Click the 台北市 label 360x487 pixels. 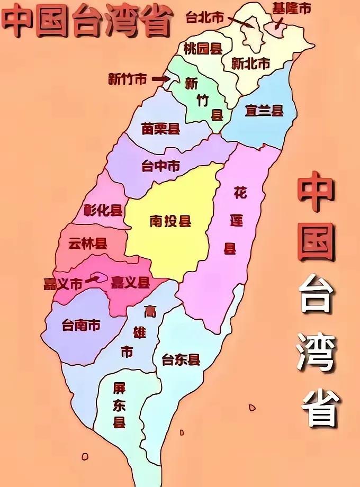205,17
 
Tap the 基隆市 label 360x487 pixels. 291,8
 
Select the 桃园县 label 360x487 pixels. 203,49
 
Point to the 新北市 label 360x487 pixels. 251,64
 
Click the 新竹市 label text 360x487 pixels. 127,79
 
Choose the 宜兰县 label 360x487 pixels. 264,111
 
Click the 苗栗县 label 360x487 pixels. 161,129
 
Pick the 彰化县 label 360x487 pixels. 103,211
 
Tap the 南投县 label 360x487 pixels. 170,221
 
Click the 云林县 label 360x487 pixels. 88,243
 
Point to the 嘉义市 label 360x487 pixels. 63,284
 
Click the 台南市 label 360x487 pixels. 81,324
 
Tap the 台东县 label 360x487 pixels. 181,360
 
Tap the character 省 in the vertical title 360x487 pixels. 319,408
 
